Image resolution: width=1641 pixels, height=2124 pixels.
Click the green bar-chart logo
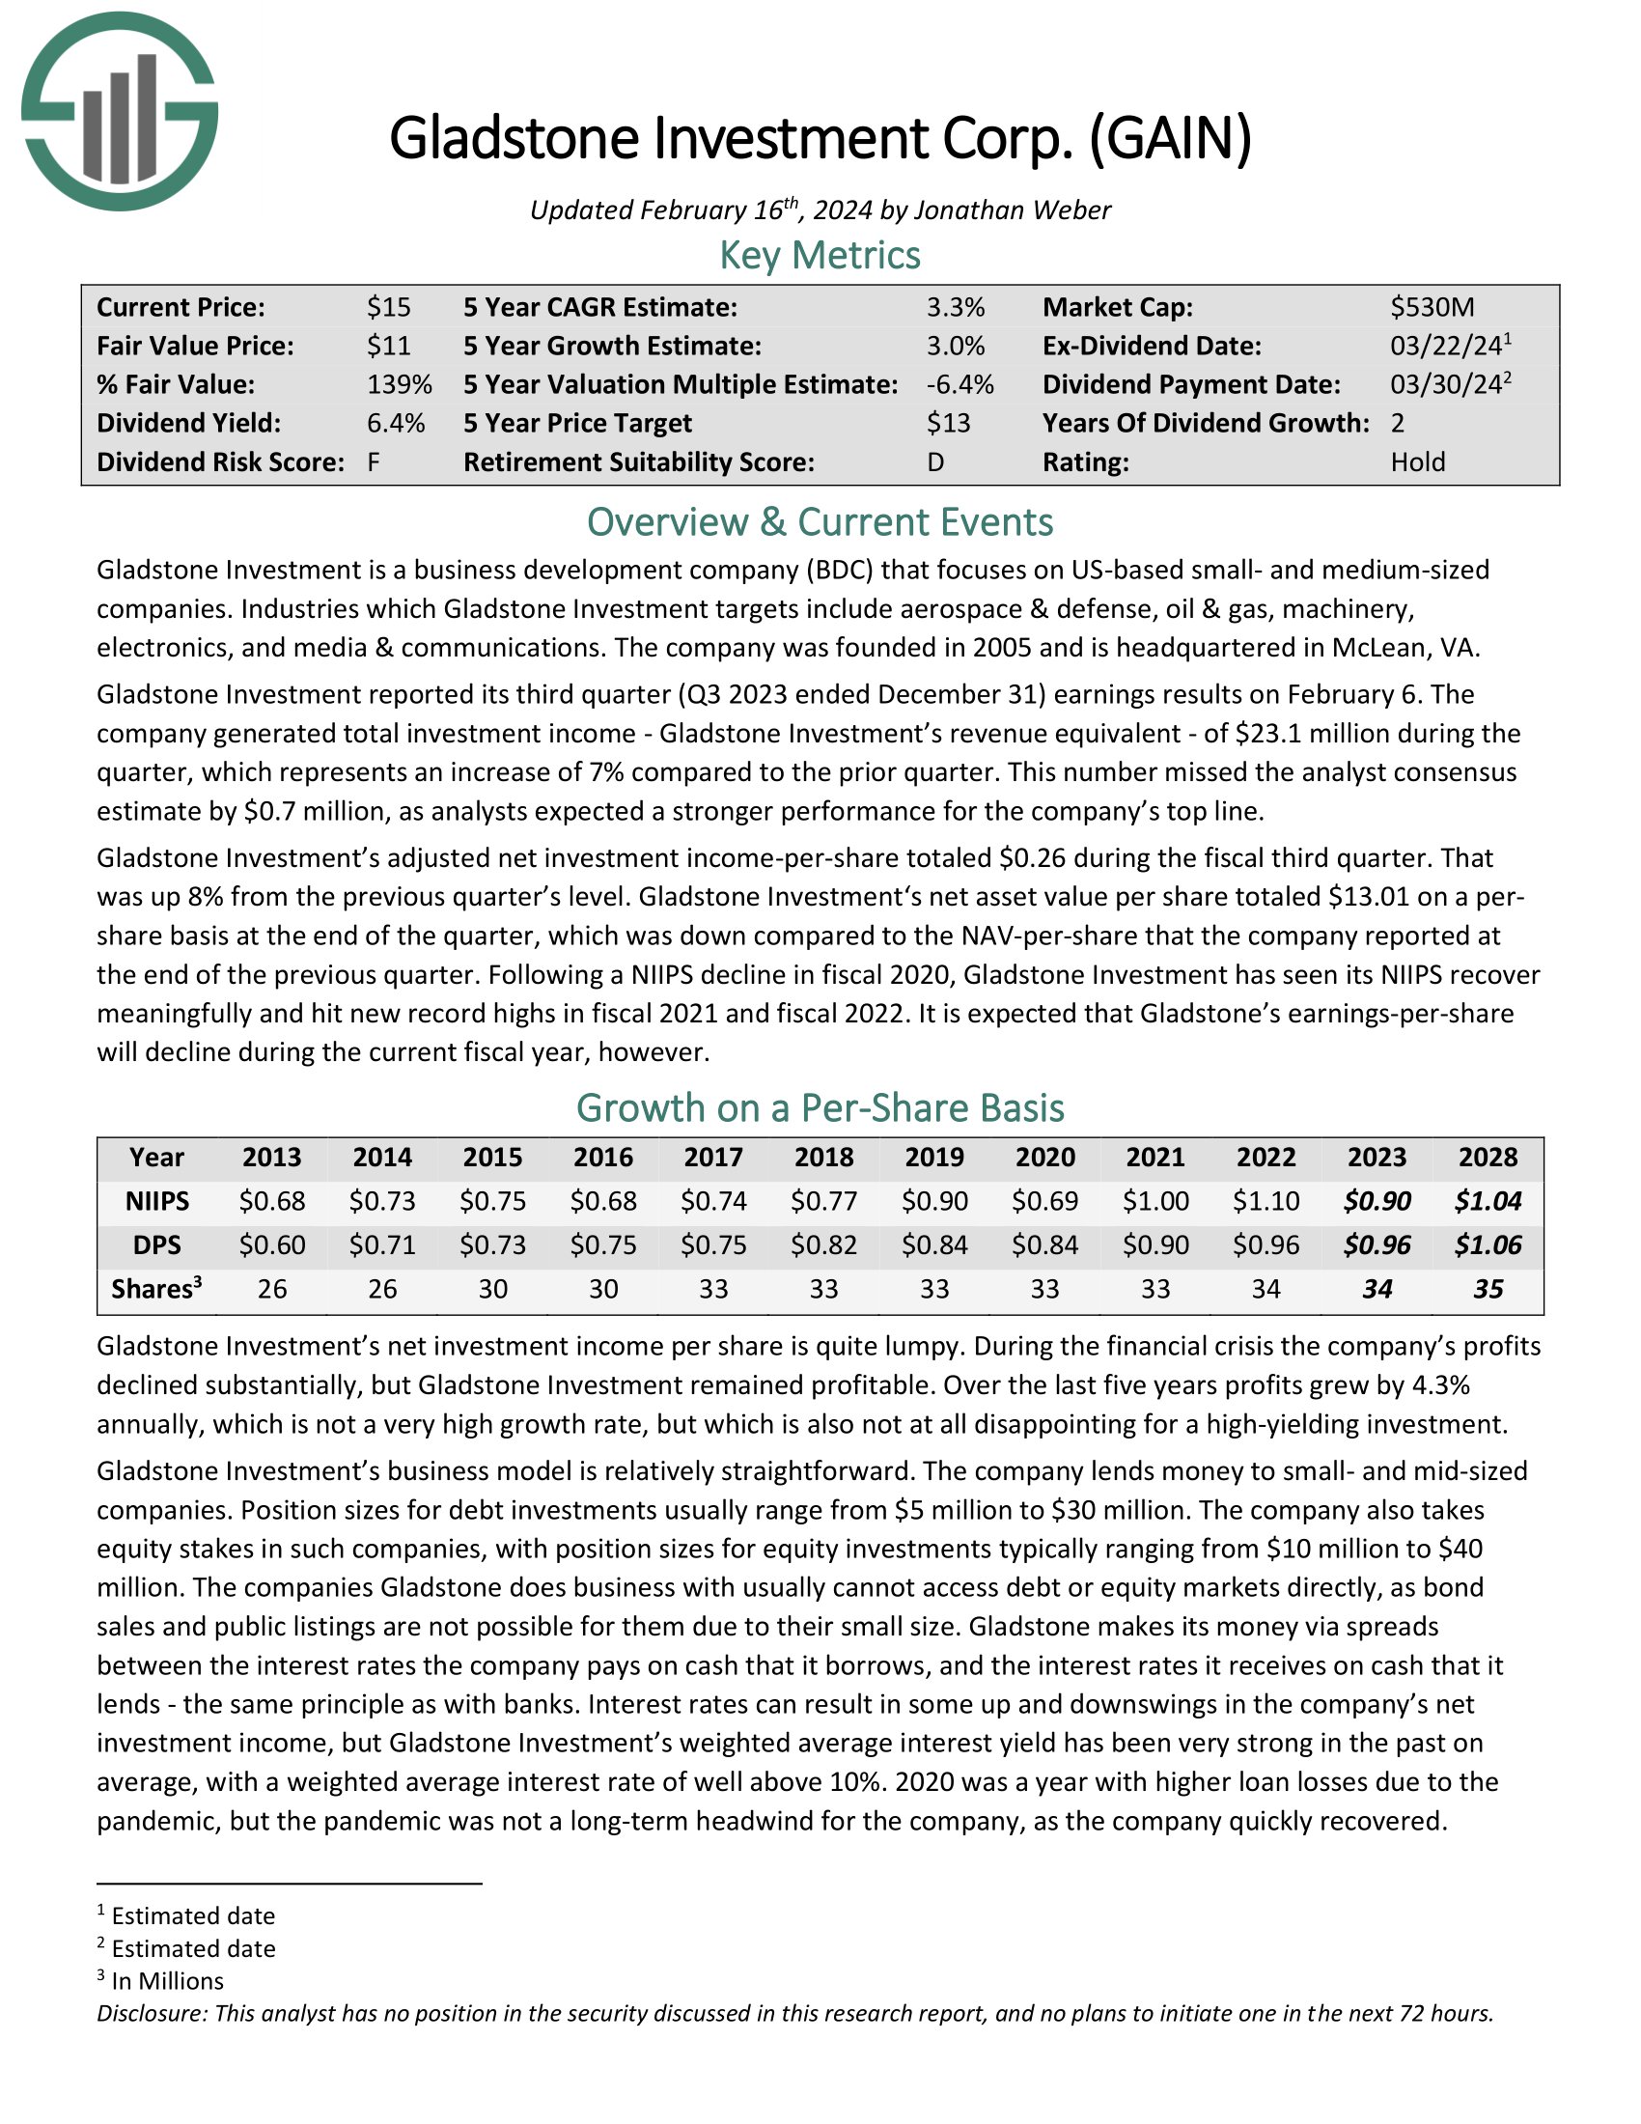pyautogui.click(x=119, y=111)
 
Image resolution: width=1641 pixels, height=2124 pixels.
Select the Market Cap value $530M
pyautogui.click(x=1431, y=307)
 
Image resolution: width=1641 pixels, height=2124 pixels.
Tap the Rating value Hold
pyautogui.click(x=1416, y=461)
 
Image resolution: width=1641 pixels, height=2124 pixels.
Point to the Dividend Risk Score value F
pyautogui.click(x=374, y=461)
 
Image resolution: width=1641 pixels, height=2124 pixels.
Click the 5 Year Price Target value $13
pyautogui.click(x=948, y=423)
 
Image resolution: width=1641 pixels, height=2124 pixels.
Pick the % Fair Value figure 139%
pyautogui.click(x=399, y=384)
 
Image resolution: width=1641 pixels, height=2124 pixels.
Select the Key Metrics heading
pyautogui.click(x=820, y=256)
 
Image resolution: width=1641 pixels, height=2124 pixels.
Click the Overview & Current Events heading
pyautogui.click(x=820, y=522)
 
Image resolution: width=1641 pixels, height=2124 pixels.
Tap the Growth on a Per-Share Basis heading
pyautogui.click(x=820, y=1107)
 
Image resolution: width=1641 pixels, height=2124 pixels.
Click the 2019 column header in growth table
pyautogui.click(x=934, y=1158)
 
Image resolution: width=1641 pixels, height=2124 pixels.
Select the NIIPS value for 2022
pyautogui.click(x=1266, y=1201)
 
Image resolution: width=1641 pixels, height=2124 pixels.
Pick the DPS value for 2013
pyautogui.click(x=272, y=1244)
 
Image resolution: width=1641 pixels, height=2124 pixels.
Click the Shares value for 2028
pyautogui.click(x=1488, y=1290)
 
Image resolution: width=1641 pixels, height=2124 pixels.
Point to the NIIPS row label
pyautogui.click(x=156, y=1201)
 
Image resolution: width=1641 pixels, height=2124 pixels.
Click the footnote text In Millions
pyautogui.click(x=167, y=1981)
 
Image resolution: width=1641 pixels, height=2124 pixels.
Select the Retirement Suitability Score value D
pyautogui.click(x=935, y=461)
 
